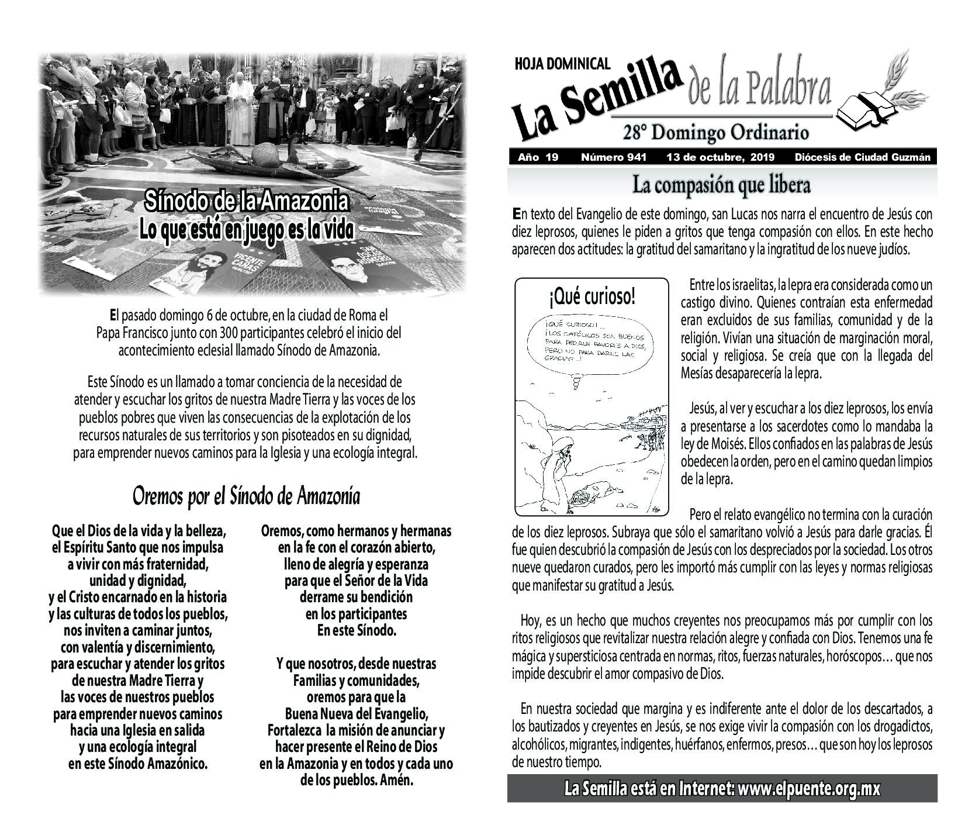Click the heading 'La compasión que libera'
point(721,185)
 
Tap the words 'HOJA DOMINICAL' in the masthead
point(562,64)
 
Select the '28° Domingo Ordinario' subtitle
point(715,133)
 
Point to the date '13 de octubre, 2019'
point(720,157)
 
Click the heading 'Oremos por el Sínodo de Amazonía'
point(246,496)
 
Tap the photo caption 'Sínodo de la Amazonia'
point(246,202)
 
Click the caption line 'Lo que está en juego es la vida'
point(246,230)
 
